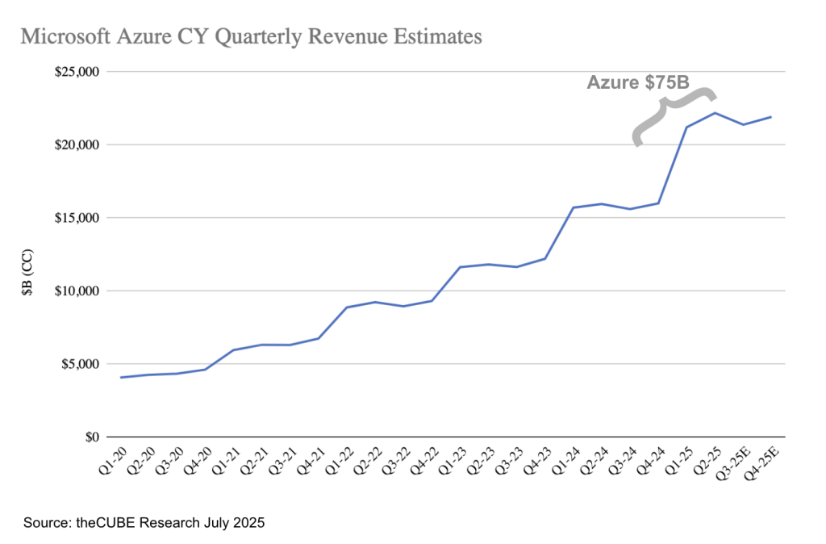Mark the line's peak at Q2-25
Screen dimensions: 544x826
[x=715, y=113]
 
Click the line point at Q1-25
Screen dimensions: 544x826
[x=686, y=127]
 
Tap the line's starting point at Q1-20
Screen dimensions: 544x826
[x=120, y=377]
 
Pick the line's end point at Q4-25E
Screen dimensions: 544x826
[x=771, y=117]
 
